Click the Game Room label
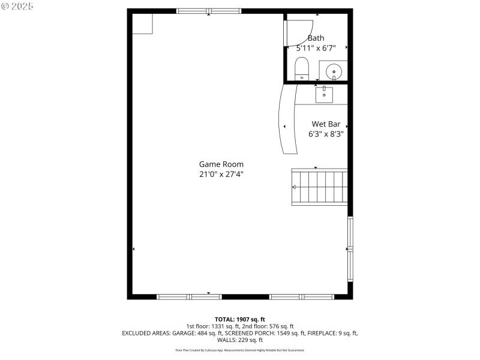221,164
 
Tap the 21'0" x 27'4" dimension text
221,174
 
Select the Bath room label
316,38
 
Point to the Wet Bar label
326,124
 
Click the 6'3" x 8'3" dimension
326,134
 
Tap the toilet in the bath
302,68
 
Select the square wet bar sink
324,94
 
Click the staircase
319,187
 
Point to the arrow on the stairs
294,187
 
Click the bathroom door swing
299,32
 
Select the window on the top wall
209,11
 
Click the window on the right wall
350,249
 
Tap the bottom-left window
189,296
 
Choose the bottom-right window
301,296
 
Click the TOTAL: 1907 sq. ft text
240,319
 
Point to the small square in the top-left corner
143,23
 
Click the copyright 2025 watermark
17,5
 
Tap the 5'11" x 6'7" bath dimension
316,47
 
